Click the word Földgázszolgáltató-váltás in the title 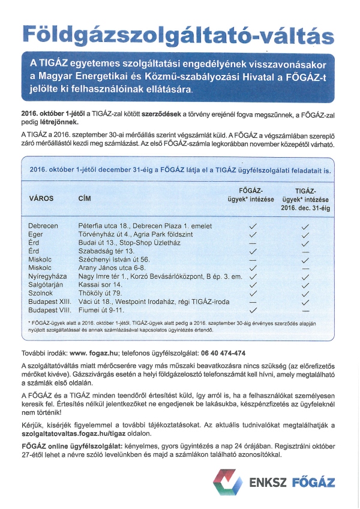[178, 35]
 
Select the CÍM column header [85, 198]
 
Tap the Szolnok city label [41, 294]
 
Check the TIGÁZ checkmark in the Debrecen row [305, 225]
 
